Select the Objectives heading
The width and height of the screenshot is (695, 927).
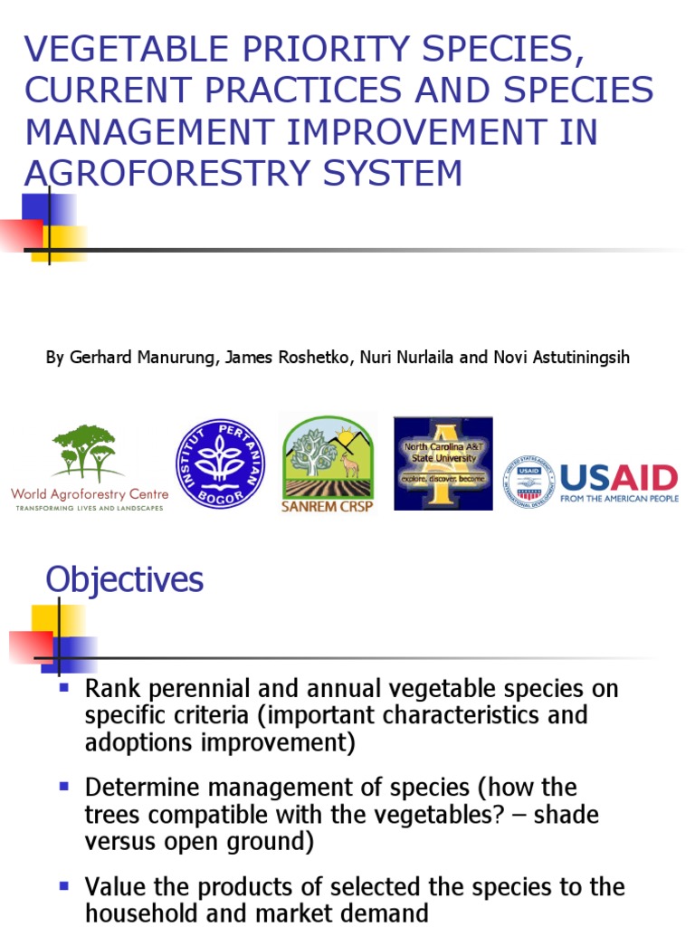125,579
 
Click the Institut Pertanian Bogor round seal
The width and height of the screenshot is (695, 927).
220,463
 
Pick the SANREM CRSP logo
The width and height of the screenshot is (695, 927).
328,463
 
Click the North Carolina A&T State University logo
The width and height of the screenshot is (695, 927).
443,463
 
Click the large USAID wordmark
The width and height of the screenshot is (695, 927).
619,476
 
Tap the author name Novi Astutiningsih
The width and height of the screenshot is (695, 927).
562,357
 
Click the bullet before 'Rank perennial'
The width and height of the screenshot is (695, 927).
63,688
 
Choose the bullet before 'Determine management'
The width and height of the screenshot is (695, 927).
63,787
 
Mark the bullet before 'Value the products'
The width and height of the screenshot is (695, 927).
63,884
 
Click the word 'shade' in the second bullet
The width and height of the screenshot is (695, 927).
565,815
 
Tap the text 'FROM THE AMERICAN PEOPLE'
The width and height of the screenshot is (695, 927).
619,499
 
